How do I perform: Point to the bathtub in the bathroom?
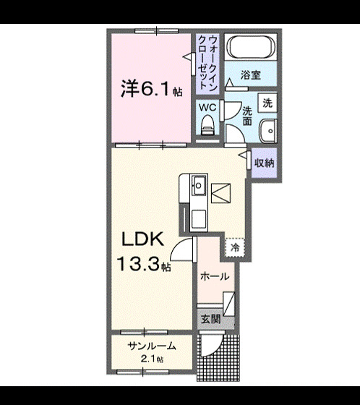click(250, 47)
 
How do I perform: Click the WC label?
click(207, 106)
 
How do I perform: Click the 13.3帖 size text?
click(145, 265)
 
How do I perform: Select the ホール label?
click(215, 277)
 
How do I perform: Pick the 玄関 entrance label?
click(210, 319)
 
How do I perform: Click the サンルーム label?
click(152, 346)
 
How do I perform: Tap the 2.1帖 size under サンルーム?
click(152, 359)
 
